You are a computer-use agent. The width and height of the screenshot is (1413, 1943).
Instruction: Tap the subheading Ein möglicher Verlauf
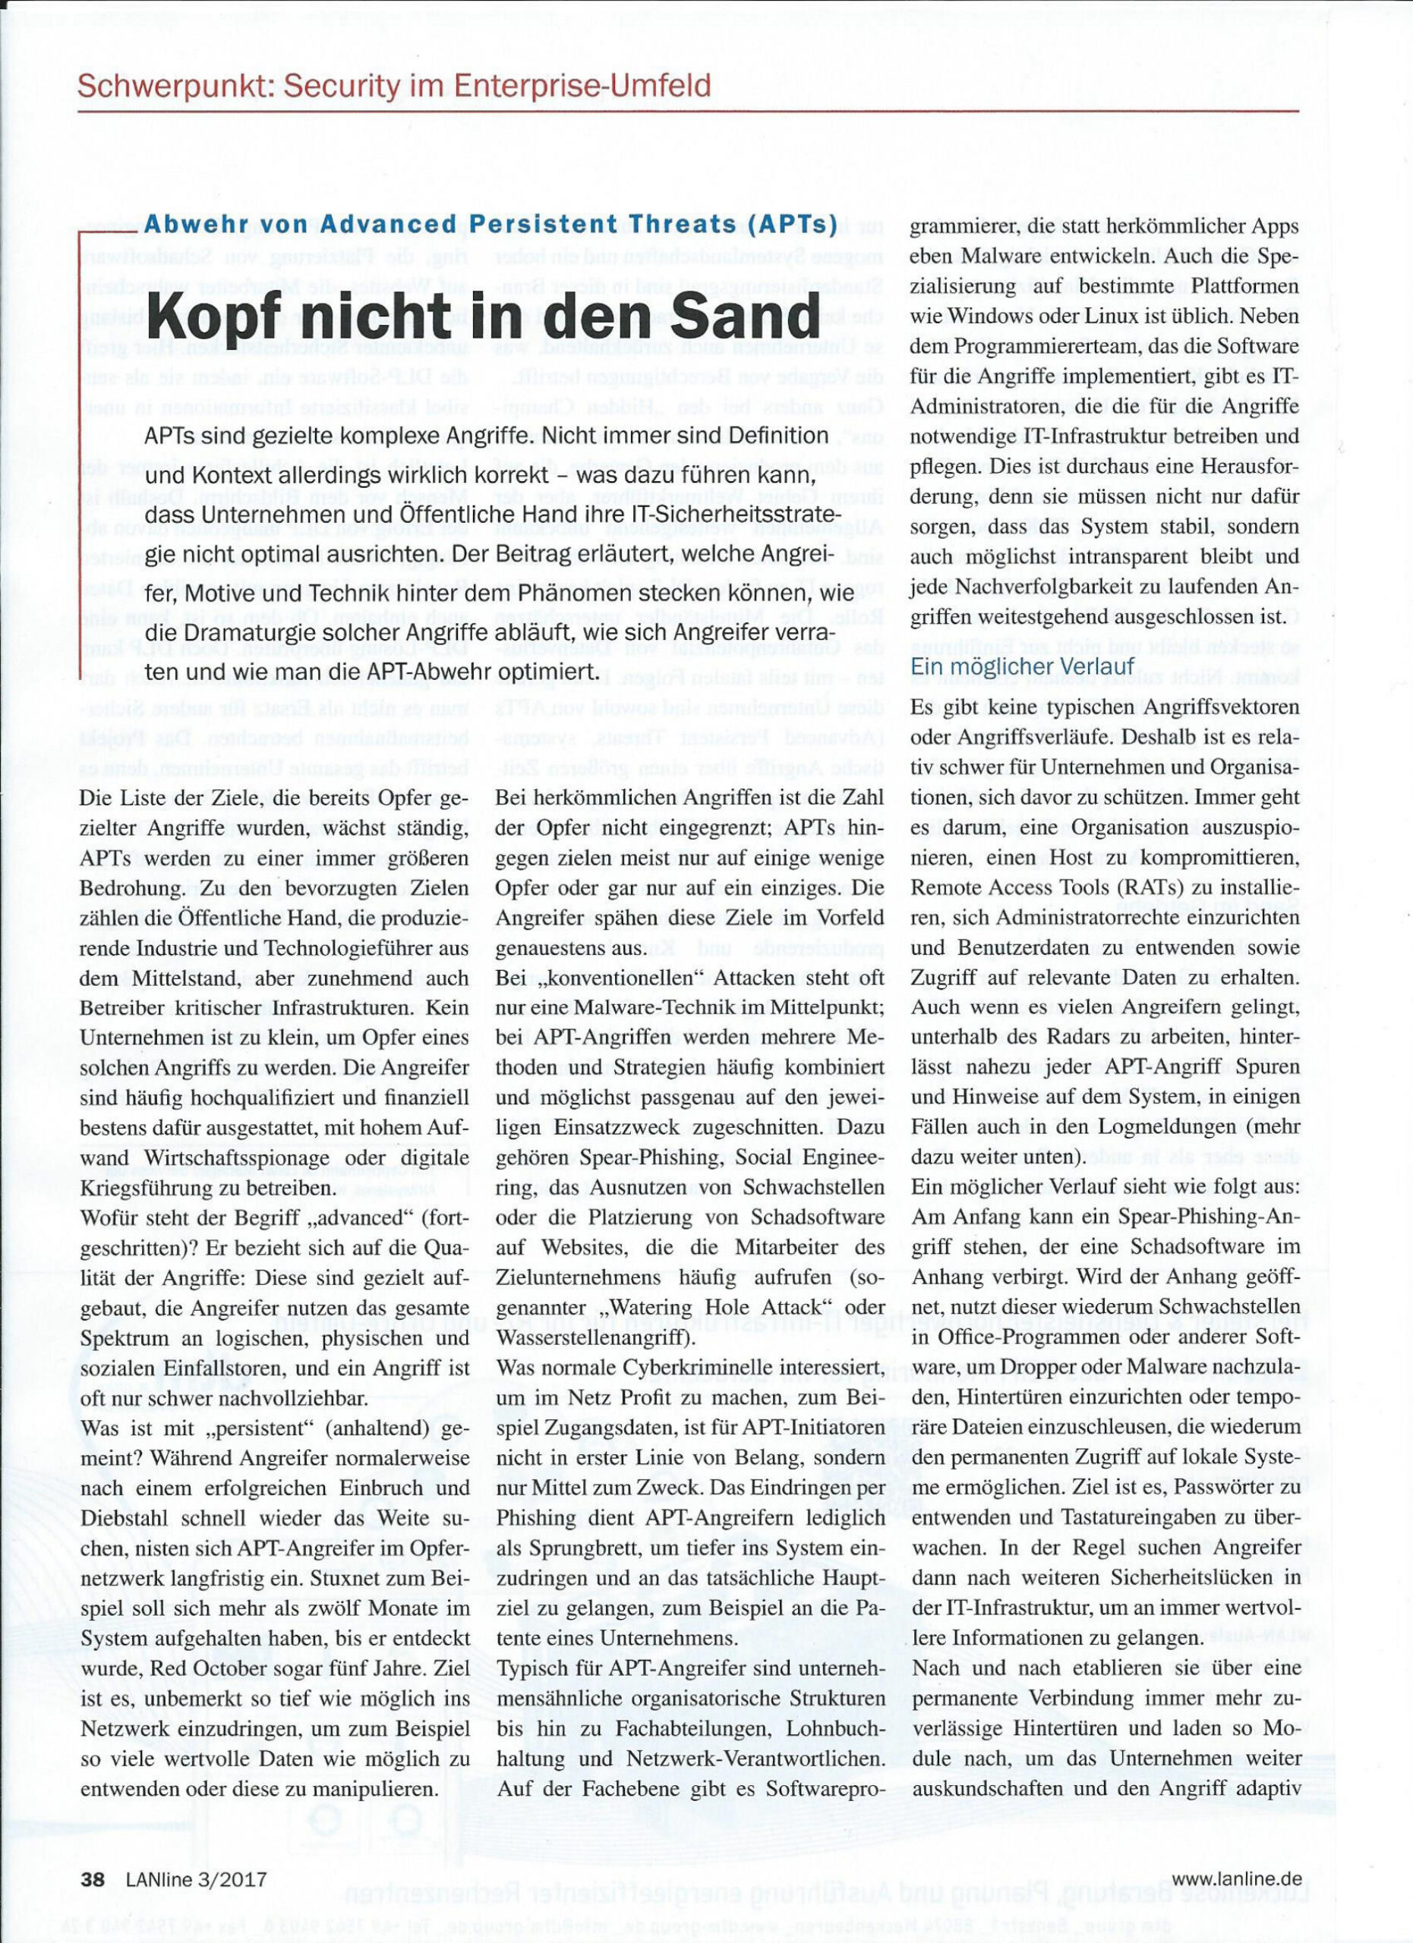coord(1021,666)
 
